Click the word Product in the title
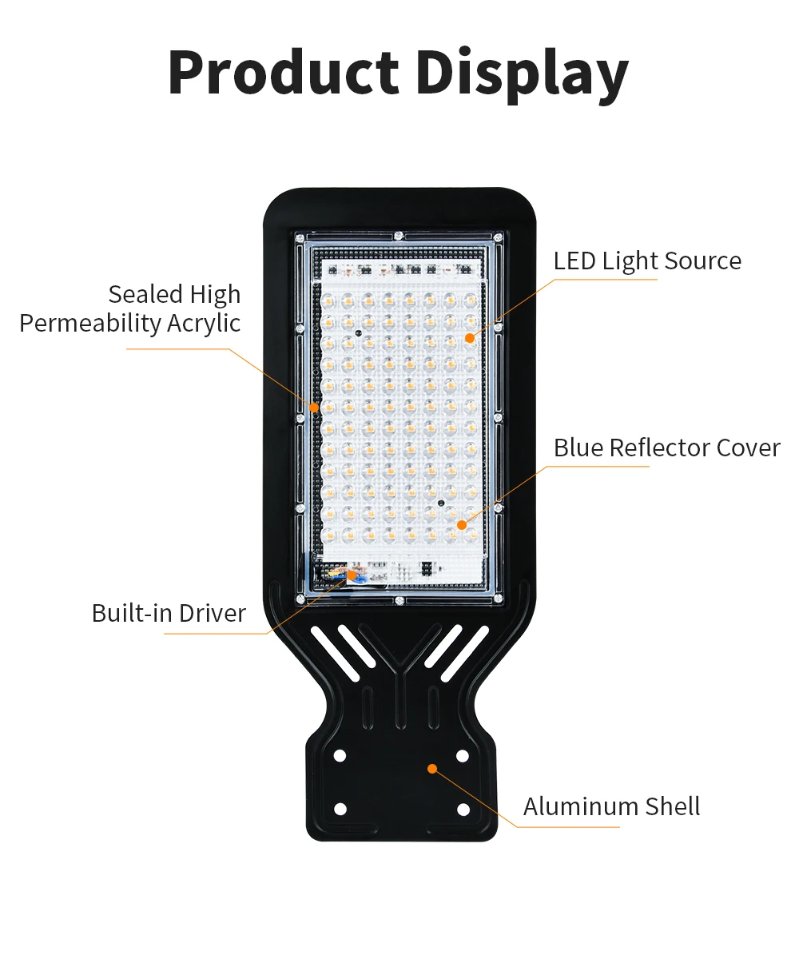pyautogui.click(x=283, y=74)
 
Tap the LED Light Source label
pyautogui.click(x=647, y=261)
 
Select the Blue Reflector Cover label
pyautogui.click(x=666, y=448)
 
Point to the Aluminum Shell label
pyautogui.click(x=611, y=806)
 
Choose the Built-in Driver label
pyautogui.click(x=169, y=613)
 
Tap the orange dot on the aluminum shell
pyautogui.click(x=432, y=769)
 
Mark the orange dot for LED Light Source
pyautogui.click(x=470, y=338)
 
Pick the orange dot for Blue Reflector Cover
pyautogui.click(x=462, y=524)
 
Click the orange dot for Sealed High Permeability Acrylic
pyautogui.click(x=315, y=408)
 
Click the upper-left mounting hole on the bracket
pyautogui.click(x=340, y=755)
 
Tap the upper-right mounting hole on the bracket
pyautogui.click(x=463, y=756)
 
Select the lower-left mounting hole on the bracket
pyautogui.click(x=340, y=810)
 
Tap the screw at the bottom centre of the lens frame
pyautogui.click(x=398, y=599)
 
